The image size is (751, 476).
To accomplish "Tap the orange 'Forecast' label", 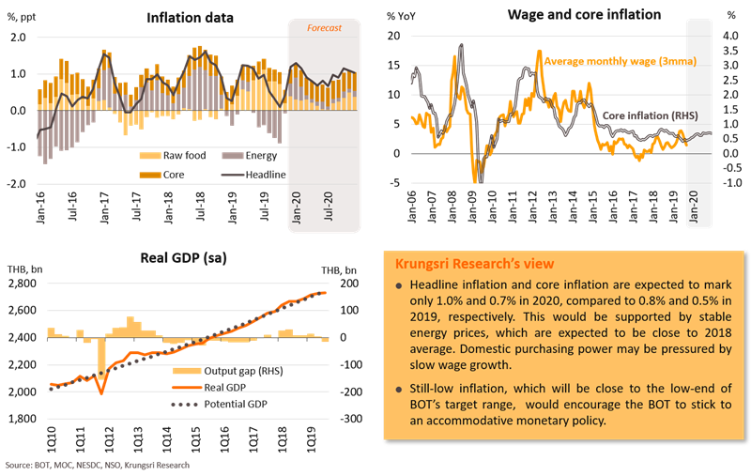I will coord(323,28).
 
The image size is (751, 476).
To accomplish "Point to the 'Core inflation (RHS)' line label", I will coord(643,116).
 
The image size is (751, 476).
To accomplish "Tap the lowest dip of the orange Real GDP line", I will coord(100,392).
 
